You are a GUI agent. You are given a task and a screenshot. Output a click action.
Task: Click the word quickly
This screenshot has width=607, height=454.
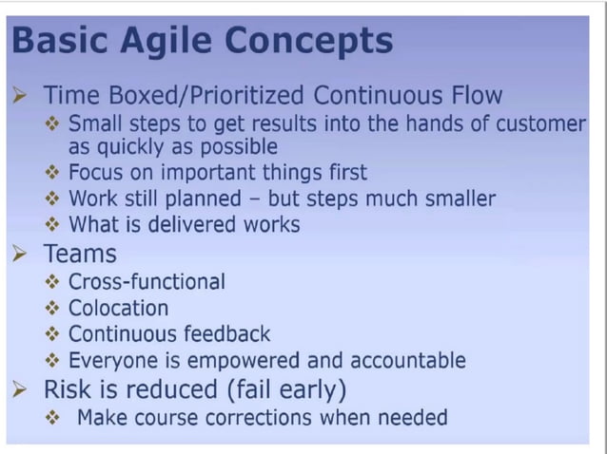tap(134, 147)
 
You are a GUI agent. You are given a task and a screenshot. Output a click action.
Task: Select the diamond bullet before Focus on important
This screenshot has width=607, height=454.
tap(53, 174)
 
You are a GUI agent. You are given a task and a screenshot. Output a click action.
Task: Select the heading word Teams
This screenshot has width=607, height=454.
tap(80, 254)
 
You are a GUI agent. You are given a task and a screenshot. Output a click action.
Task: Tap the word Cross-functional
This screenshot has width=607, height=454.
tap(147, 282)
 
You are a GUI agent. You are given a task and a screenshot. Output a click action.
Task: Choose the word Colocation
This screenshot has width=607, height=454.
tap(118, 308)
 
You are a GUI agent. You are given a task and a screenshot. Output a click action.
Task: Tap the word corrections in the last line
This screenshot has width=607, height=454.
tap(269, 417)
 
